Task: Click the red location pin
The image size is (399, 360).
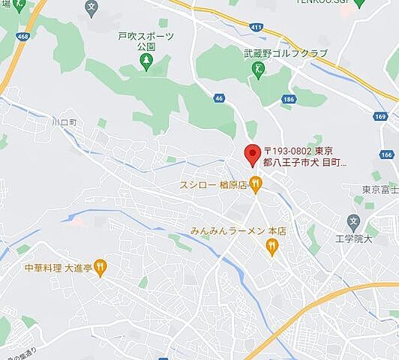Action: point(252,155)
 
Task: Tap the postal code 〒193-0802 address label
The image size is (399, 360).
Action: point(304,155)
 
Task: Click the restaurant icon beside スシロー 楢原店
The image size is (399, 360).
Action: point(256,182)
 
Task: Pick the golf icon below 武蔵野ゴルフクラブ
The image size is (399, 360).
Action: point(258,68)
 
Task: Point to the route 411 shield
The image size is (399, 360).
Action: point(257,28)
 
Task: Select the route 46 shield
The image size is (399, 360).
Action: point(219,97)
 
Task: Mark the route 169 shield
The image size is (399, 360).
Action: point(382,117)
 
